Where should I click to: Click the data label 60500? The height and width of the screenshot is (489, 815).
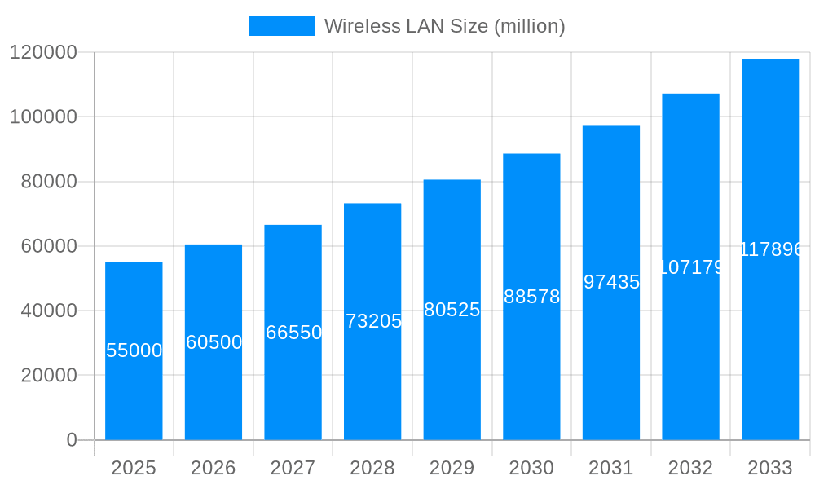click(214, 342)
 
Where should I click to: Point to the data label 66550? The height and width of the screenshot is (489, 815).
click(293, 333)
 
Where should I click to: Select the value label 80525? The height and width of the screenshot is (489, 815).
click(452, 310)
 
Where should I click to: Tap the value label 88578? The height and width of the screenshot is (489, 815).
click(531, 297)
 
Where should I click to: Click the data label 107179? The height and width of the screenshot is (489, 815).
click(690, 267)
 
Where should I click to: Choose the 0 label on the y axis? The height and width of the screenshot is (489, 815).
click(72, 440)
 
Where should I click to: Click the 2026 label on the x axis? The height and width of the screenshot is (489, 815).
click(214, 468)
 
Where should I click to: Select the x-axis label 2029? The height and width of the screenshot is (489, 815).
click(452, 468)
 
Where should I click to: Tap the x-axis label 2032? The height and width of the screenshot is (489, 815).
click(690, 468)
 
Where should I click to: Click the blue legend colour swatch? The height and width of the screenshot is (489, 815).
click(282, 26)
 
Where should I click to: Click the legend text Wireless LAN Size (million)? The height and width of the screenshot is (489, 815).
click(445, 26)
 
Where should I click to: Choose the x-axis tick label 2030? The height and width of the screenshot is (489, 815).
click(531, 468)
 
